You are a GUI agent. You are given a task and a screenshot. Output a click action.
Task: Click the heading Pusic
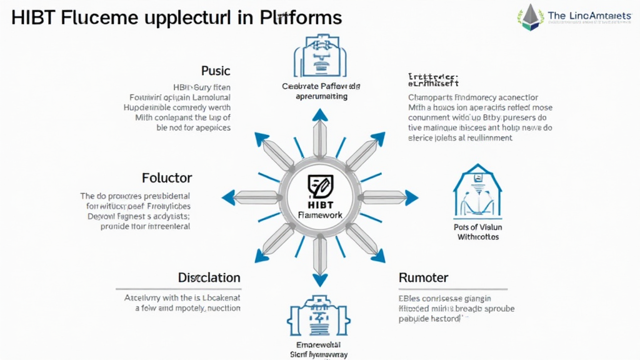tap(216, 71)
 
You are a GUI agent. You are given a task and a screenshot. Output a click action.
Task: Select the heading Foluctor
tap(167, 177)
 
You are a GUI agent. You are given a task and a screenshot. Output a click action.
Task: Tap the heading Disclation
tap(209, 277)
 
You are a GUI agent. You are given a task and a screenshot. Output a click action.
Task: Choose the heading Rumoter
tap(423, 277)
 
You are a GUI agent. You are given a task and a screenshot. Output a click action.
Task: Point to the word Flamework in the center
tap(321, 215)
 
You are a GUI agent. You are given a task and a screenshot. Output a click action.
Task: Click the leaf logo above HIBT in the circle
tap(321, 186)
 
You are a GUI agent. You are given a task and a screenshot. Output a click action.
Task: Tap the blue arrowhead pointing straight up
tap(320, 114)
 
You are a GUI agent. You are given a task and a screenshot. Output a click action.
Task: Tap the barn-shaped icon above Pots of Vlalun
tap(477, 194)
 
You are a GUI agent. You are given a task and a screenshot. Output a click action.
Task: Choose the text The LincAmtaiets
tap(589, 16)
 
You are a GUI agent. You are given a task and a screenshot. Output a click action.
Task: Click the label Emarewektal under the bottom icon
tap(320, 344)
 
